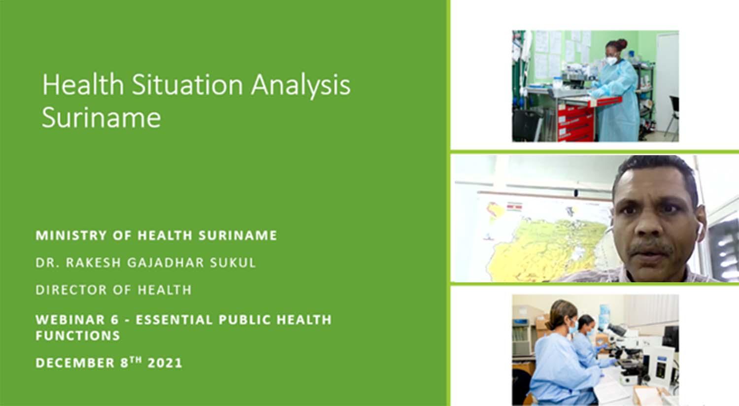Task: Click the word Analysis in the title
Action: (x=301, y=85)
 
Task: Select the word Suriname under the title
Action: (x=101, y=117)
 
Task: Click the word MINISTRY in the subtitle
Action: (x=70, y=235)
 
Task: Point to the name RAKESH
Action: (x=94, y=263)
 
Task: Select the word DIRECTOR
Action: (x=71, y=290)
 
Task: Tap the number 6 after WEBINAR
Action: (x=114, y=320)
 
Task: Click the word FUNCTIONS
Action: (x=78, y=336)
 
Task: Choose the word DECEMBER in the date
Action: (x=75, y=363)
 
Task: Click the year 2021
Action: (x=165, y=363)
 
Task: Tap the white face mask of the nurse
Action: (x=611, y=61)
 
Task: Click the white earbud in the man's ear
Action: (x=699, y=228)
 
